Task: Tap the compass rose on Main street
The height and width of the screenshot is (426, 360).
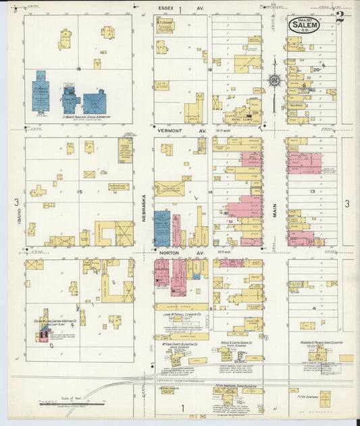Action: (x=275, y=81)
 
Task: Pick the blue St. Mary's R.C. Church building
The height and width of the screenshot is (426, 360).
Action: (x=41, y=91)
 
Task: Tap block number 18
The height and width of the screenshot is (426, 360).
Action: (x=79, y=68)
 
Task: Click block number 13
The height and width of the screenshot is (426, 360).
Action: (x=312, y=192)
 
